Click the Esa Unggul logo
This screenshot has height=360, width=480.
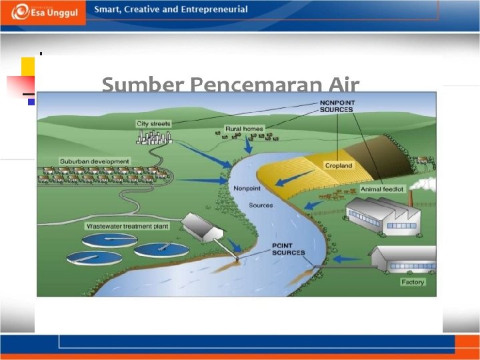pyautogui.click(x=44, y=12)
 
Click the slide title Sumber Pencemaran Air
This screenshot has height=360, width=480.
pyautogui.click(x=230, y=85)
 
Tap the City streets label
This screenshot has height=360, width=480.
pyautogui.click(x=153, y=124)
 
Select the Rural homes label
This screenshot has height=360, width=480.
pyautogui.click(x=244, y=129)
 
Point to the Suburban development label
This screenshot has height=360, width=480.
pyautogui.click(x=95, y=161)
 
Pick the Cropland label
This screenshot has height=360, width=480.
pyautogui.click(x=339, y=165)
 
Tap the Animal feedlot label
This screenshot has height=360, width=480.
pyautogui.click(x=382, y=189)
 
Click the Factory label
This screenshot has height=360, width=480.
pyautogui.click(x=413, y=282)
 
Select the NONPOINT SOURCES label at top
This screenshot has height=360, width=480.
pyautogui.click(x=337, y=105)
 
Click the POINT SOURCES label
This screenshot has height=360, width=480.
pyautogui.click(x=288, y=249)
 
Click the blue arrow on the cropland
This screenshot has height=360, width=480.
pyautogui.click(x=289, y=180)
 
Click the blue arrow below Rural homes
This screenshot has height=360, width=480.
pyautogui.click(x=249, y=145)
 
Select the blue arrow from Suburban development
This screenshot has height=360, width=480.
pyautogui.click(x=204, y=180)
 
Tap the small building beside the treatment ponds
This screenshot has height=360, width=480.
pyautogui.click(x=203, y=227)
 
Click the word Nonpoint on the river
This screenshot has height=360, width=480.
pyautogui.click(x=247, y=188)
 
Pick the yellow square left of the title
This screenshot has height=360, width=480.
pyautogui.click(x=27, y=66)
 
